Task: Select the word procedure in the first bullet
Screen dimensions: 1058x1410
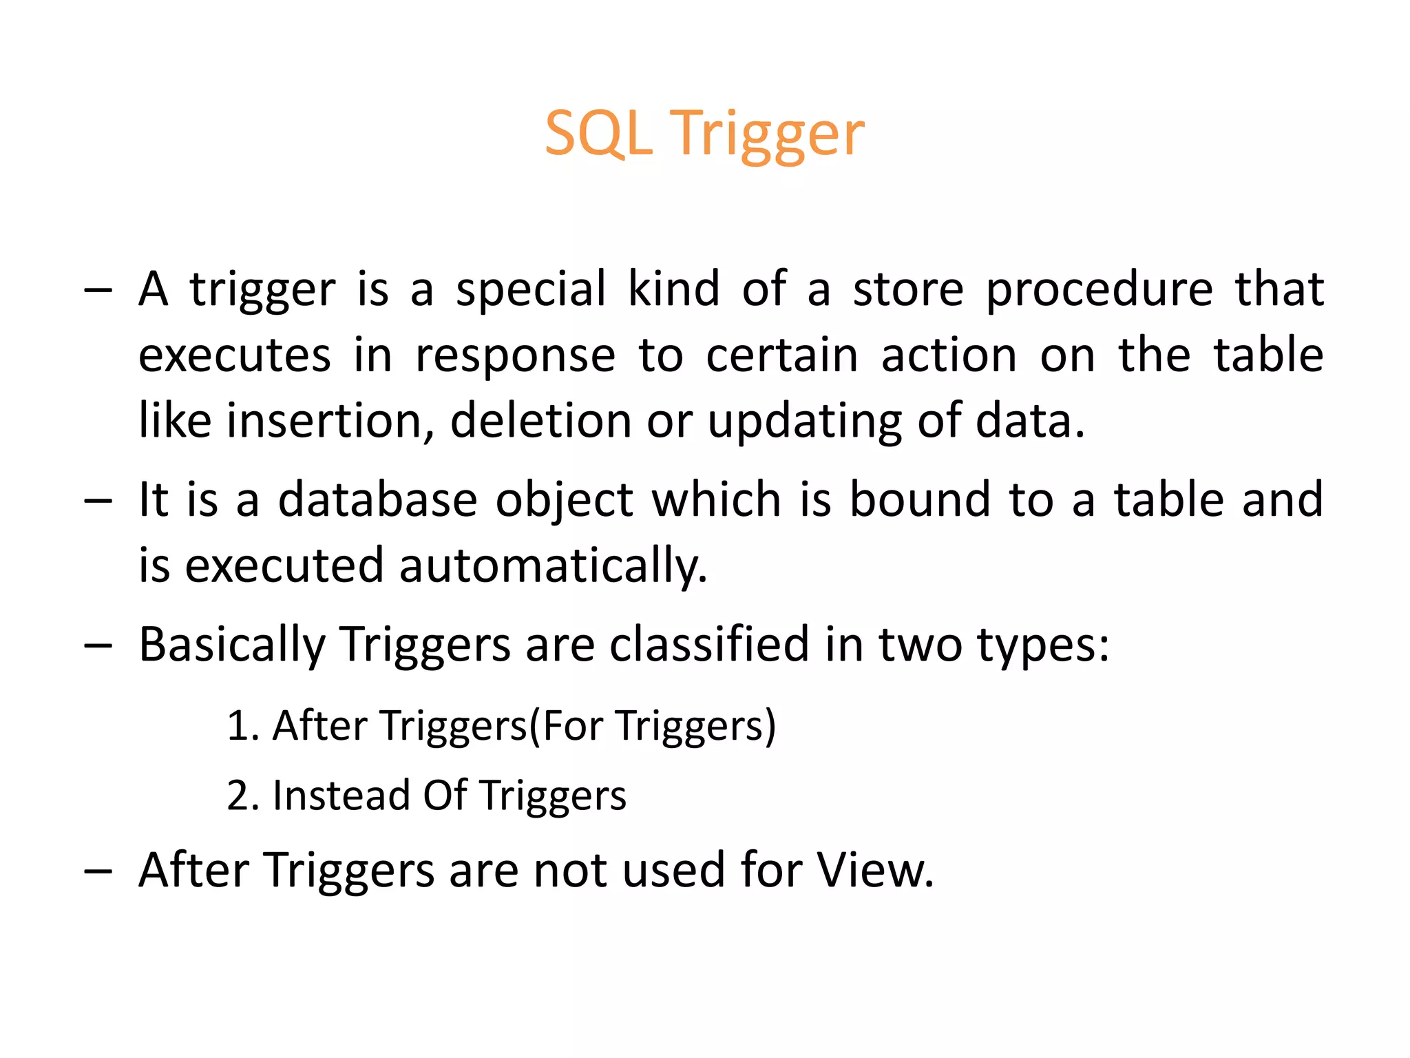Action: (x=1099, y=289)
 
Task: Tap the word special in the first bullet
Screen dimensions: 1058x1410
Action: (x=531, y=289)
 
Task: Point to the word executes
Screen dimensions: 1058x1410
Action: (x=235, y=355)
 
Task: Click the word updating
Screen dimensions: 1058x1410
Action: (x=804, y=422)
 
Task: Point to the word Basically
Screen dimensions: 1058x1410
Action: (x=232, y=646)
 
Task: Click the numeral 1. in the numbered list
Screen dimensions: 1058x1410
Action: (x=242, y=726)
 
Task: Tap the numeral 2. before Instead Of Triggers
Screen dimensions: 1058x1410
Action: (x=242, y=796)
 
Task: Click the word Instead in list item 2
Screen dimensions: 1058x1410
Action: (x=341, y=796)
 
